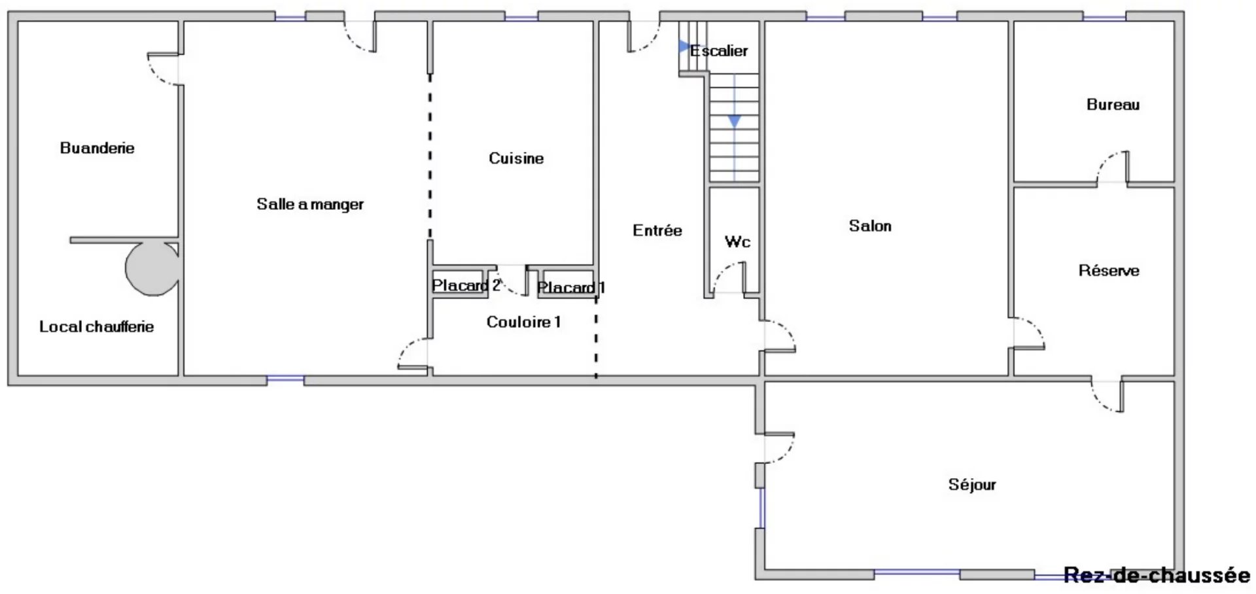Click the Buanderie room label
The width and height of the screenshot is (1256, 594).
pos(97,148)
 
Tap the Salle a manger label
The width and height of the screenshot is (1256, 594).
pos(310,204)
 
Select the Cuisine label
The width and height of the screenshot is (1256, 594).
pos(516,158)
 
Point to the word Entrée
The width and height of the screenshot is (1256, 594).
pos(657,230)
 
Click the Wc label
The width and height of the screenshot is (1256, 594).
pos(737,241)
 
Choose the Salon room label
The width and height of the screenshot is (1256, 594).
pos(870,226)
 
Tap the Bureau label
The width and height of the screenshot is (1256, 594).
pos(1113,104)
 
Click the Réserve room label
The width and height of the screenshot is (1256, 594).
pos(1109,270)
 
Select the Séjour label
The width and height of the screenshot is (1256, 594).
pos(972,485)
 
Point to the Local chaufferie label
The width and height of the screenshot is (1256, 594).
pos(97,326)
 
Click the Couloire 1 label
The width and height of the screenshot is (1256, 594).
pos(523,322)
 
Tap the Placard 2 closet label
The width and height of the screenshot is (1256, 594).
pos(466,285)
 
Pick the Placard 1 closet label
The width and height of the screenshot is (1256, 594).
pos(571,287)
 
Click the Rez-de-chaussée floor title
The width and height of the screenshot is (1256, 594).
pos(1157,575)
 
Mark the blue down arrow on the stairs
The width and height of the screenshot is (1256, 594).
pos(735,122)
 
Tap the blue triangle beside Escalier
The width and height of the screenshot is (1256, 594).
pos(684,46)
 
